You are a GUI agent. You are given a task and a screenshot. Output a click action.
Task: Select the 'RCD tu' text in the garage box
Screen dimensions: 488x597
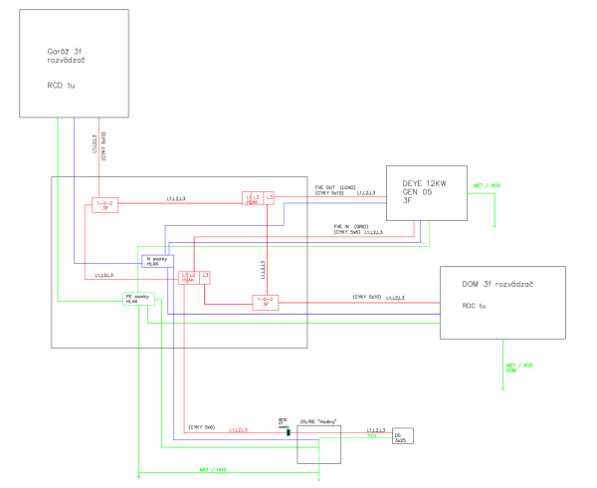coord(61,85)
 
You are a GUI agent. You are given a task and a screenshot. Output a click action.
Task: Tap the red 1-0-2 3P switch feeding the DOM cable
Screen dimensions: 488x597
coord(265,301)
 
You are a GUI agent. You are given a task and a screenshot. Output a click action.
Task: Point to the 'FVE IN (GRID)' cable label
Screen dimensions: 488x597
coord(352,227)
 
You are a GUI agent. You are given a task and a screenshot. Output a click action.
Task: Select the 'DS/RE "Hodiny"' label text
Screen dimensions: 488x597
coord(319,423)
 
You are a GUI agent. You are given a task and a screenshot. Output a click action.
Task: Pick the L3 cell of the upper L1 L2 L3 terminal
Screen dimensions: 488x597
coord(269,197)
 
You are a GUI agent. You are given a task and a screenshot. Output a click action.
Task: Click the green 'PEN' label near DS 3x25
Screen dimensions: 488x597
coord(372,435)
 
